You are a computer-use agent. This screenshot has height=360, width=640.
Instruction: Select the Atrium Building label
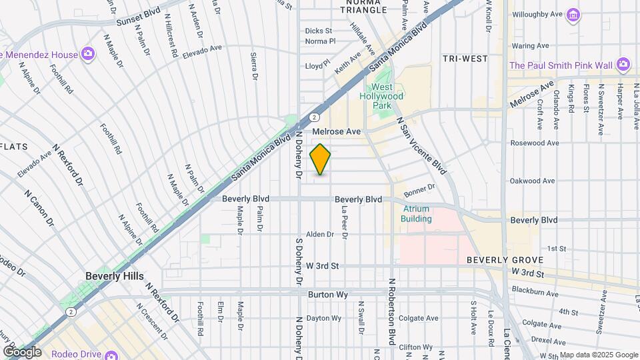(417, 213)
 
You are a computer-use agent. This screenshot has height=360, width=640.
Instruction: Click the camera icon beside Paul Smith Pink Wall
(623, 65)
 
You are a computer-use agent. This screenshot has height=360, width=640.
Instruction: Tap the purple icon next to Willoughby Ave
(572, 14)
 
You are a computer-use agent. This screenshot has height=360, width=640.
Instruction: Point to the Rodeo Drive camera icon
(111, 353)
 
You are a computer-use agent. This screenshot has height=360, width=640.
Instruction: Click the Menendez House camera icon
(87, 54)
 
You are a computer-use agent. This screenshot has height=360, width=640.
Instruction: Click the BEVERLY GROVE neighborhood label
(501, 259)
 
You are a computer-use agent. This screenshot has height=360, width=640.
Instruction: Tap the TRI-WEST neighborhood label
(465, 59)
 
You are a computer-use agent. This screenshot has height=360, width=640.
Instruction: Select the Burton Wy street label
(325, 294)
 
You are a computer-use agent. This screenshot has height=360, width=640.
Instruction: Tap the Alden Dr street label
(319, 234)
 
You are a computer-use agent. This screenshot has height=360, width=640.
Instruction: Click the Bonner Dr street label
(419, 191)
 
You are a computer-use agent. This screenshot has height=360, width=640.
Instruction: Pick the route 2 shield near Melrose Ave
(313, 117)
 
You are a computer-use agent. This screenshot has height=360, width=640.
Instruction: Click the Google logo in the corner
(22, 352)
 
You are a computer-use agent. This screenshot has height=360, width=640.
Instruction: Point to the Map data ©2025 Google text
(598, 355)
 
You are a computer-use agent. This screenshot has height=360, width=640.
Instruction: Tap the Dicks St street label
(318, 31)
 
